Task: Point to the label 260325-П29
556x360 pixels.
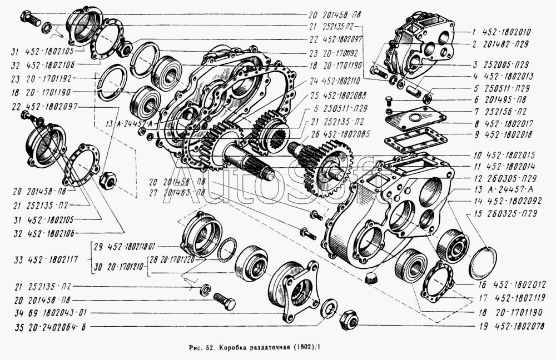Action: point(510,213)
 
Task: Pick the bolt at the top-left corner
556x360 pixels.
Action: point(29,19)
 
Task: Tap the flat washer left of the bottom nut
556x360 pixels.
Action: point(327,307)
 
